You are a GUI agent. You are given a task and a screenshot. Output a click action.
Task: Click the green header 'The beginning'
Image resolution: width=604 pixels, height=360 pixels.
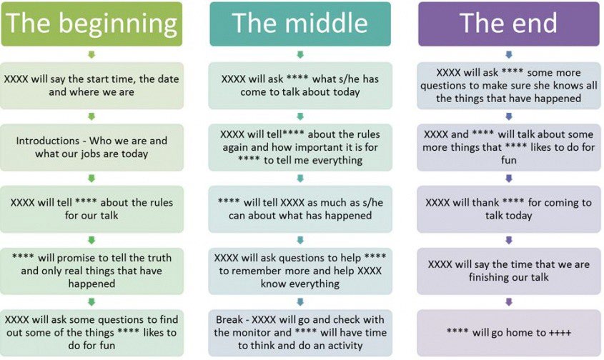pos(91,24)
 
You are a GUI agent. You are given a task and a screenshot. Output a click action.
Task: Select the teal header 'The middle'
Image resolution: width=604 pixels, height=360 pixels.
pos(300,24)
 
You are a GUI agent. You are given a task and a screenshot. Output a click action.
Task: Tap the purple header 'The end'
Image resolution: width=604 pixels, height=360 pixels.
pos(509,24)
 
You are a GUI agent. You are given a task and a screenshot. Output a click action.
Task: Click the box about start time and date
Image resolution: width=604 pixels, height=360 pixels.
pos(91,86)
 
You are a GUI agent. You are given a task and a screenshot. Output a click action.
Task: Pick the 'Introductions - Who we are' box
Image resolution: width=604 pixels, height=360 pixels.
pos(91,147)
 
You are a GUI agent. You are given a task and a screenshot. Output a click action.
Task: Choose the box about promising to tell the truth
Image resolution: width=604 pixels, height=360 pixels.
pos(91,271)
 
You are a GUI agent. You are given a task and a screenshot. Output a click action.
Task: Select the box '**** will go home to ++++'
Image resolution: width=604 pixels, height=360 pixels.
pos(509,333)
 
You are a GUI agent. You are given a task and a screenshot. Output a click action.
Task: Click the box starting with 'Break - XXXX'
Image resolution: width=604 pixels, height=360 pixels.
pos(300,333)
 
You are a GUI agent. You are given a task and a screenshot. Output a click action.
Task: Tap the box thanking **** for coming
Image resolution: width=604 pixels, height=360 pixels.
pos(509,209)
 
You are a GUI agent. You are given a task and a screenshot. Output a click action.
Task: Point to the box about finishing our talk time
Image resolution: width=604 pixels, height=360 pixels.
pos(509,271)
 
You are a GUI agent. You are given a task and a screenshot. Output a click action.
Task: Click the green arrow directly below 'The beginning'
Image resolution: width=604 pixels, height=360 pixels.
pos(91,55)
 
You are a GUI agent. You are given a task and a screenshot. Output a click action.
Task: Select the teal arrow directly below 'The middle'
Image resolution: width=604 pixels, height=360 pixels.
pos(300,55)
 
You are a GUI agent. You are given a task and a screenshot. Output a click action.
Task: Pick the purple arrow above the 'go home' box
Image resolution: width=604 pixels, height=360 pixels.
pos(509,302)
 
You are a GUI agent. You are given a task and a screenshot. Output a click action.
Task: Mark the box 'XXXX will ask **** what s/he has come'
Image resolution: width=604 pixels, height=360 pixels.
pos(300,86)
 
